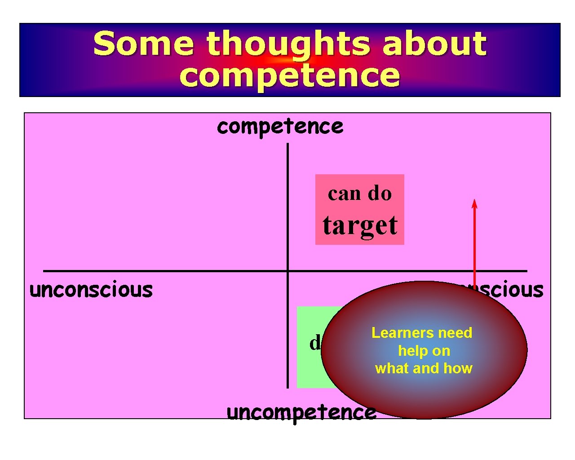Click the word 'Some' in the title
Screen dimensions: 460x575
(143, 44)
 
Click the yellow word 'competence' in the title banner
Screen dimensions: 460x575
(289, 75)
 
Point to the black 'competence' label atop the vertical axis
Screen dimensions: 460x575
(280, 127)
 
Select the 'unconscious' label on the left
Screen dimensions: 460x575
(91, 290)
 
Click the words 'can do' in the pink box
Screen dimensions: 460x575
(359, 194)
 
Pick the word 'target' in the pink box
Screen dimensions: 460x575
(360, 226)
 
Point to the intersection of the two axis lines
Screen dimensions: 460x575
(287, 271)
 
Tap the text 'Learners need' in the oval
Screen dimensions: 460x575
(422, 333)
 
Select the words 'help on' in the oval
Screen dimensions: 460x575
(424, 351)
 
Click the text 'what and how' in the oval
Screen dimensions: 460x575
(424, 368)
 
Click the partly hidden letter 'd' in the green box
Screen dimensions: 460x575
(314, 343)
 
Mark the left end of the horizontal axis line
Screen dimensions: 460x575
(44, 271)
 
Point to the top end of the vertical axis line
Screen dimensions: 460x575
(287, 145)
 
